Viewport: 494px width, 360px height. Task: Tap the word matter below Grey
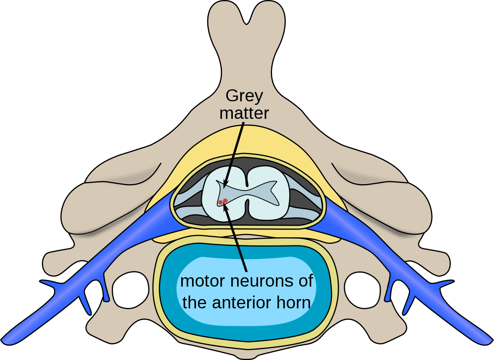(x=244, y=113)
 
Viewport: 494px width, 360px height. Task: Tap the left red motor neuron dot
(x=220, y=202)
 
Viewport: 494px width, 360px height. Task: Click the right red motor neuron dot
(x=225, y=200)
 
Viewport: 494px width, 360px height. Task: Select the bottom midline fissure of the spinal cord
(x=246, y=210)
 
